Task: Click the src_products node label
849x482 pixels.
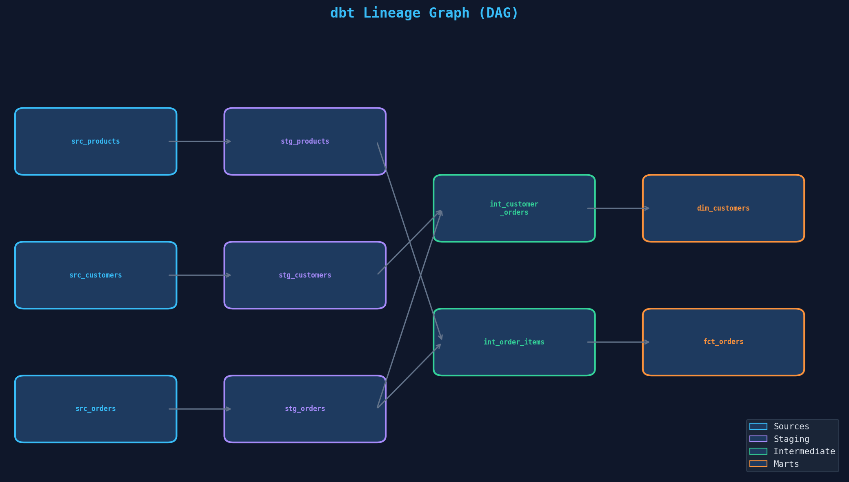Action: [x=96, y=141]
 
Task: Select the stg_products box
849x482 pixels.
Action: [x=305, y=141]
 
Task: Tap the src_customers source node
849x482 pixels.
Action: [x=96, y=275]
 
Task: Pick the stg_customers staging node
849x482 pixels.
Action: [x=305, y=275]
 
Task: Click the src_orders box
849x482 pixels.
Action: [x=96, y=409]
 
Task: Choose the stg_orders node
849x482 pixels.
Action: [x=305, y=409]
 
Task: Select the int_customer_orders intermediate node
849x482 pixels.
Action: [x=514, y=208]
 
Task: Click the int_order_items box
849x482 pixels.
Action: [x=514, y=342]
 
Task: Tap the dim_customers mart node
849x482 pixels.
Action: [x=723, y=208]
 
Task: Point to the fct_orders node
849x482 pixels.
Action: [x=723, y=342]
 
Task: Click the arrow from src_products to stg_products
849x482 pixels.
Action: [x=200, y=141]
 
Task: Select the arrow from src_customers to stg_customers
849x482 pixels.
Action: [x=200, y=275]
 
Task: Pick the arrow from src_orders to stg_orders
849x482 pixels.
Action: [x=200, y=409]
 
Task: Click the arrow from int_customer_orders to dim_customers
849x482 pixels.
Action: [x=618, y=208]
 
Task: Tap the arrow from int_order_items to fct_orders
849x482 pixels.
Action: [x=618, y=342]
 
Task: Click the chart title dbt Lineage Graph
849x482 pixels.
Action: [x=424, y=13]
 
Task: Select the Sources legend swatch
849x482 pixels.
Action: [x=758, y=426]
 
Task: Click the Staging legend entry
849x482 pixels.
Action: [x=791, y=439]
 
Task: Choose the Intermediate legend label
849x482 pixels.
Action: [x=804, y=451]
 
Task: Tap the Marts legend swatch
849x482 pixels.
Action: [x=758, y=464]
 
